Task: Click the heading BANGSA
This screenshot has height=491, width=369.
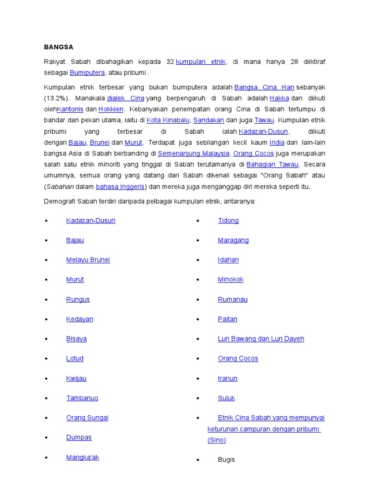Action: [x=59, y=47]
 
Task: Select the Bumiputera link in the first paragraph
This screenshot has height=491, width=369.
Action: [x=87, y=73]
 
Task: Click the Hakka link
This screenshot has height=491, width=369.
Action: [x=279, y=98]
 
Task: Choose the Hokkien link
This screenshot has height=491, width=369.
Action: [x=111, y=109]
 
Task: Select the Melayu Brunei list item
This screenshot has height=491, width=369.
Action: [x=88, y=260]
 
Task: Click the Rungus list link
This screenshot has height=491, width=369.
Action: [x=78, y=299]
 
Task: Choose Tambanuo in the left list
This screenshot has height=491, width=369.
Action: [x=82, y=398]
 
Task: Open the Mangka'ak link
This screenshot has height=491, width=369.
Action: [x=83, y=457]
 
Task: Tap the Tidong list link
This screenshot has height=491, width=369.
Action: [x=228, y=221]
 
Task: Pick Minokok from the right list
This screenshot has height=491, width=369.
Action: [x=231, y=280]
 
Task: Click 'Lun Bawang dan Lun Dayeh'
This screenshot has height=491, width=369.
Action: [x=261, y=339]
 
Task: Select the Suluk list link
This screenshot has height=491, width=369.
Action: [x=226, y=398]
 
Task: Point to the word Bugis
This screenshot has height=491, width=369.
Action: [x=226, y=460]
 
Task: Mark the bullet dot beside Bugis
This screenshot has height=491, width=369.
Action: [x=197, y=460]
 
